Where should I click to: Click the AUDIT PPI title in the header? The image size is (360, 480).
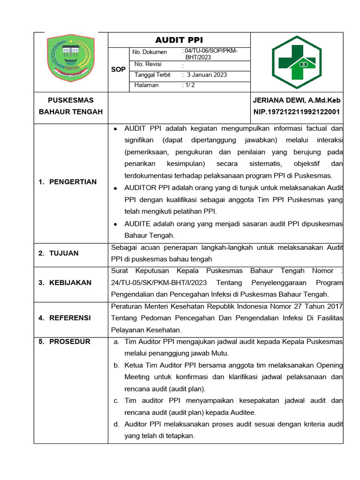point(179,40)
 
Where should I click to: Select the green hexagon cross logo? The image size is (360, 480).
point(297,61)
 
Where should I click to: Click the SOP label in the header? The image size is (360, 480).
point(118,69)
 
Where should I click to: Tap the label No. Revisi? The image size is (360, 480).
point(148,64)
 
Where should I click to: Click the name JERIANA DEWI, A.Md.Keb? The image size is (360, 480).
point(297,100)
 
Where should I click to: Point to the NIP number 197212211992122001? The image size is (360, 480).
point(297,112)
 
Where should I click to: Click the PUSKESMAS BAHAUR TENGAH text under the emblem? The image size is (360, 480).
point(71,106)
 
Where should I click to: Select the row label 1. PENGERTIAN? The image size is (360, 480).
point(67,182)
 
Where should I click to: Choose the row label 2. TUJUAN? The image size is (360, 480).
point(59,253)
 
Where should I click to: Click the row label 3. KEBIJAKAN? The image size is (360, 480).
point(65,283)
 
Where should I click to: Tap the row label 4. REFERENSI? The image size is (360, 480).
point(65,318)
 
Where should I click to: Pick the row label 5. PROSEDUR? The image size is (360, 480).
point(64,341)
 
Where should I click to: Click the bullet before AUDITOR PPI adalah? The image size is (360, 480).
point(115,187)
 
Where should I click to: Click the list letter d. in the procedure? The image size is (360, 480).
point(116,424)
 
